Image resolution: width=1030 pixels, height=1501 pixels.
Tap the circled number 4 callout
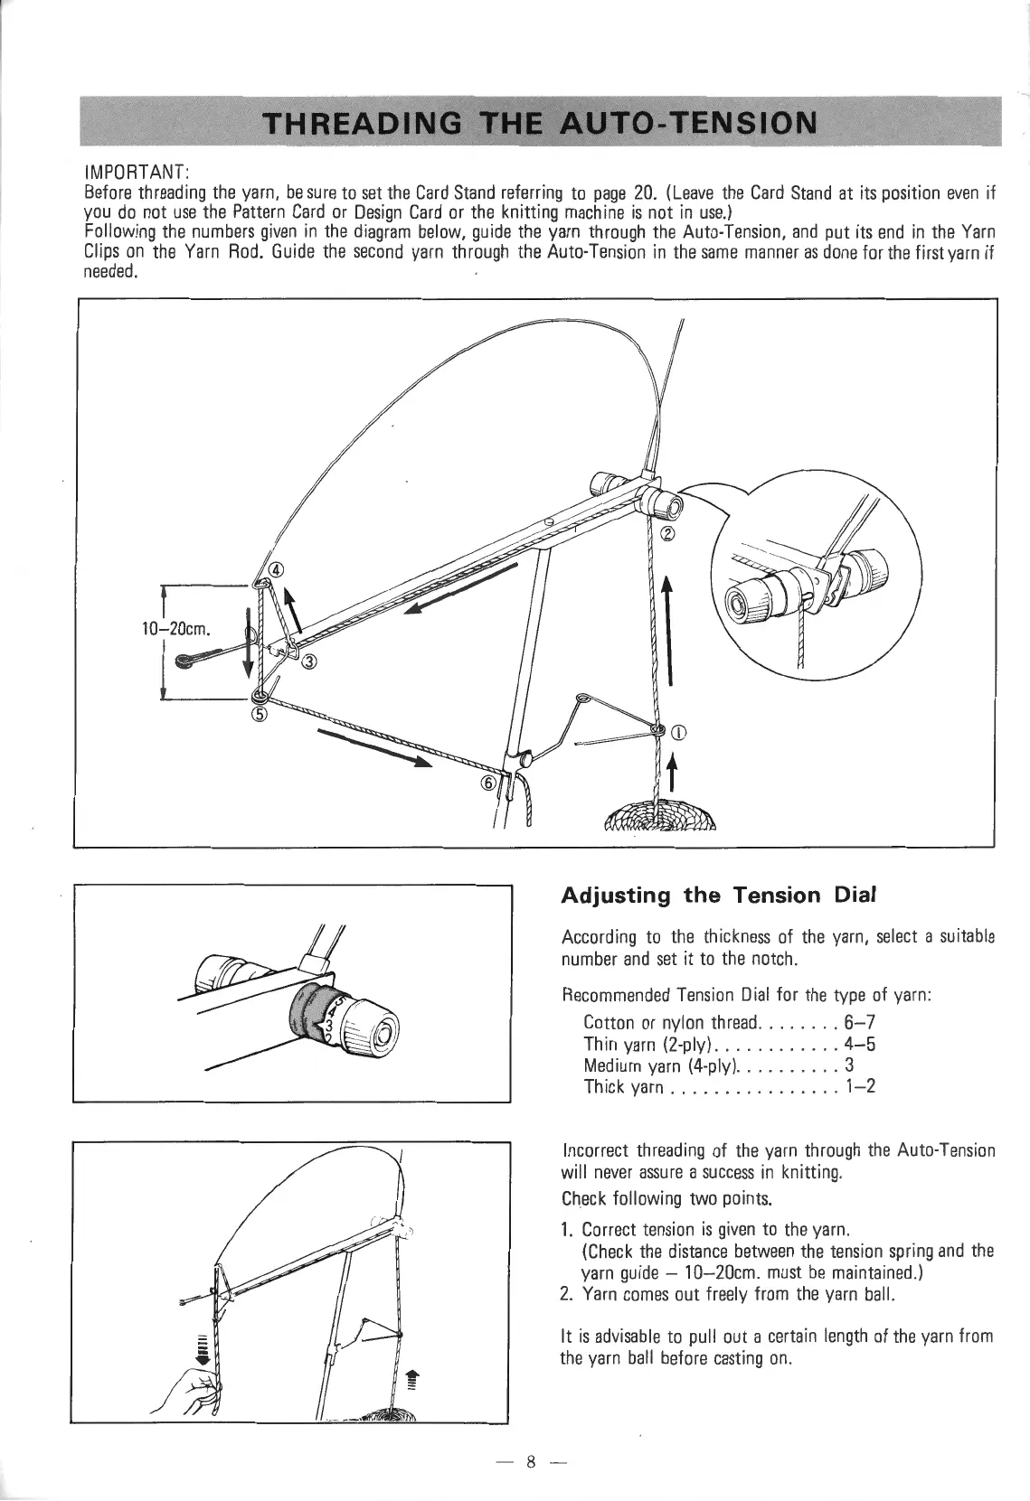pyautogui.click(x=277, y=568)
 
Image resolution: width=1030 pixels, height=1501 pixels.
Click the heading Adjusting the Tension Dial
pyautogui.click(x=707, y=896)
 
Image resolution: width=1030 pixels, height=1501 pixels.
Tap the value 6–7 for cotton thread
pyautogui.click(x=858, y=1022)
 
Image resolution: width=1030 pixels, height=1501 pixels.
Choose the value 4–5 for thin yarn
pyautogui.click(x=858, y=1044)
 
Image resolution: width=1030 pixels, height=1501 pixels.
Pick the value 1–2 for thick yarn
pyautogui.click(x=858, y=1086)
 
